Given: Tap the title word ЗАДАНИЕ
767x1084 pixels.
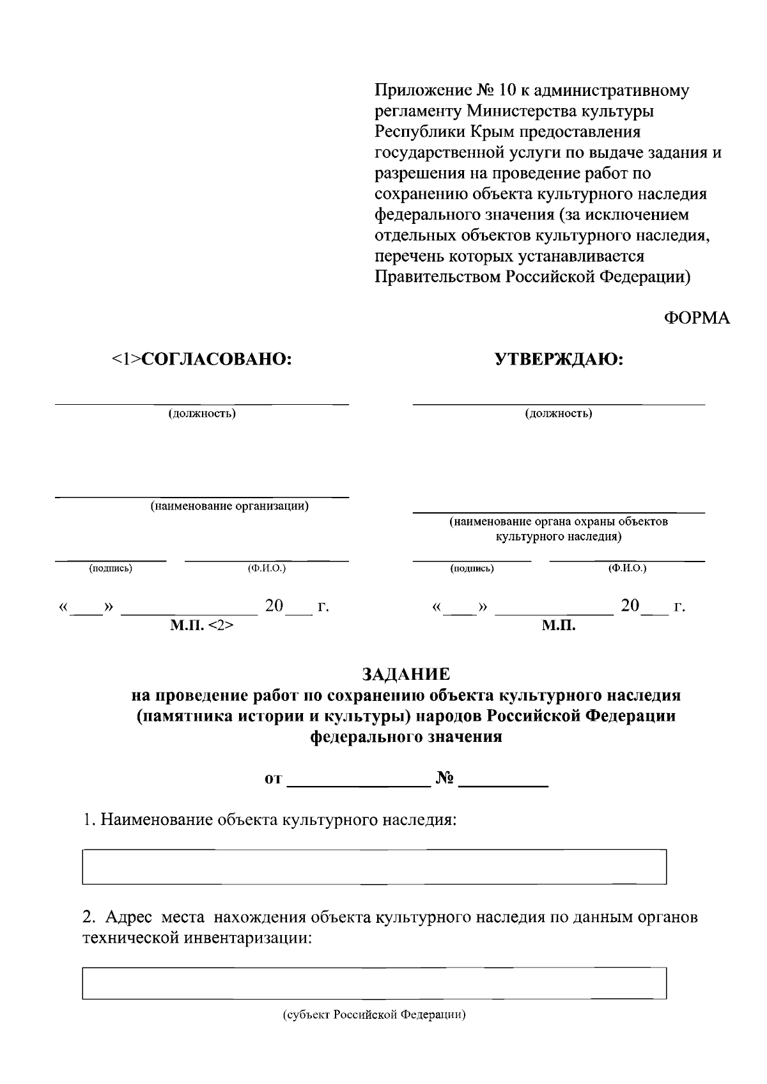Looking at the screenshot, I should (x=406, y=674).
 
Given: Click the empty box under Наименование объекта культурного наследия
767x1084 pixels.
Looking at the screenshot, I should (x=374, y=867).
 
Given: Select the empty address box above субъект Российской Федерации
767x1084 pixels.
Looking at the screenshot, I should (x=374, y=983).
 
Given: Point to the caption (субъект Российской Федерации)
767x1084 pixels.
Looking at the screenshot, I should (x=374, y=1015).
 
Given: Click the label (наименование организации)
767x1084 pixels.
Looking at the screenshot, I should (x=229, y=507).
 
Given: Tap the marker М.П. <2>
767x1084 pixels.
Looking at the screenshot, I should (x=201, y=625).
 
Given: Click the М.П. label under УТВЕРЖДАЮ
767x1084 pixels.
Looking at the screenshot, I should (x=559, y=625).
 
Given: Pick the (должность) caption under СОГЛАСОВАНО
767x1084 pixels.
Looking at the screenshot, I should (x=202, y=413).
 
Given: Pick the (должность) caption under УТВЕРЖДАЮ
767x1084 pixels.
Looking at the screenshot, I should (x=559, y=413).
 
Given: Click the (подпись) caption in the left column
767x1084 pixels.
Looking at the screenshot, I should (x=111, y=568).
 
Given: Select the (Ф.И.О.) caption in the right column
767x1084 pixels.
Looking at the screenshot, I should (x=627, y=568).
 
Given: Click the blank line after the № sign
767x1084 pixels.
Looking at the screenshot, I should (x=504, y=780).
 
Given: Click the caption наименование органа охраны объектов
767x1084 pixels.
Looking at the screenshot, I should (x=559, y=522).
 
